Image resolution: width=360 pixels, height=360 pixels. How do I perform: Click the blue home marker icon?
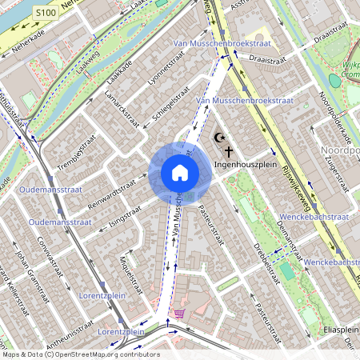(179, 172)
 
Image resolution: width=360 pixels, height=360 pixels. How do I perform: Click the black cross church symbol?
(229, 150)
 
